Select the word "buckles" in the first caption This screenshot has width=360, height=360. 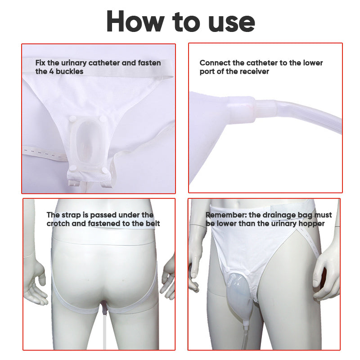[70, 72]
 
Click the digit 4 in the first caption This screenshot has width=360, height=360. [51, 72]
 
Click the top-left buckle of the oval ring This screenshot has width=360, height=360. [72, 119]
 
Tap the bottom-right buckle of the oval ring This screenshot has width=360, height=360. [105, 170]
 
